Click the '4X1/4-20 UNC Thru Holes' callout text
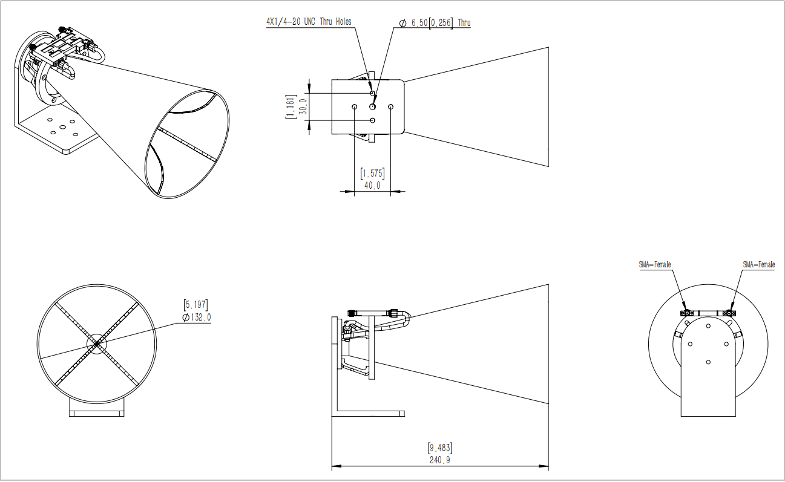coord(309,21)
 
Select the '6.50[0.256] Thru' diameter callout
coord(435,23)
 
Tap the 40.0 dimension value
coord(372,186)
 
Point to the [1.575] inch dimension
coord(372,174)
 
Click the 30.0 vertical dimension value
coord(303,106)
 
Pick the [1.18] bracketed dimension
coord(291,106)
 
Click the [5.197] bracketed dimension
coord(195,305)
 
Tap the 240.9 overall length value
coord(439,460)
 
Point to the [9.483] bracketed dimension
coord(439,448)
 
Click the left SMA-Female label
coord(655,264)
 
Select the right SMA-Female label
coord(758,264)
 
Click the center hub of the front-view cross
coord(96,344)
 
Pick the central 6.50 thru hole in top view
coord(373,106)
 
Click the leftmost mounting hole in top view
coord(354,106)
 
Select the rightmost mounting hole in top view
coord(391,106)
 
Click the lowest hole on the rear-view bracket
coord(708,362)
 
